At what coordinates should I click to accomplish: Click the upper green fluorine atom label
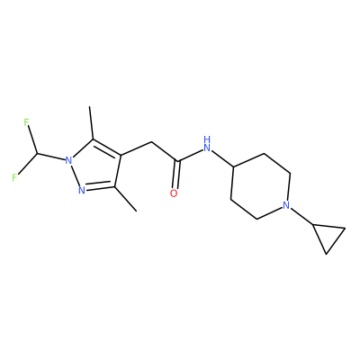pyautogui.click(x=26, y=122)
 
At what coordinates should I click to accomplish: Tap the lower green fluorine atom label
pyautogui.click(x=14, y=177)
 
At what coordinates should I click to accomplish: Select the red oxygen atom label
pyautogui.click(x=174, y=193)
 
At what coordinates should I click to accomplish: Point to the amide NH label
pyautogui.click(x=207, y=144)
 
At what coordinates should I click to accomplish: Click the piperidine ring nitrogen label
pyautogui.click(x=286, y=205)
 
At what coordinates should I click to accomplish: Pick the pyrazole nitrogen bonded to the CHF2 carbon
pyautogui.click(x=69, y=160)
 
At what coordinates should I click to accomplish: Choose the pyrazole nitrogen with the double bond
pyautogui.click(x=82, y=190)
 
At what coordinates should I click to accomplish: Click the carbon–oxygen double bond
pyautogui.click(x=176, y=175)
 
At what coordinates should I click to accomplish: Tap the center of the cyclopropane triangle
pyautogui.click(x=328, y=236)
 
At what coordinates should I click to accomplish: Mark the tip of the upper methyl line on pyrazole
pyautogui.click(x=90, y=106)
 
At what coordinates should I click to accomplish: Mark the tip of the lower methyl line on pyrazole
pyautogui.click(x=137, y=211)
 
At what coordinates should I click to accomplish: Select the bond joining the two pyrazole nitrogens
pyautogui.click(x=75, y=175)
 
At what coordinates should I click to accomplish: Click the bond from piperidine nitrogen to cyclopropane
pyautogui.click(x=301, y=216)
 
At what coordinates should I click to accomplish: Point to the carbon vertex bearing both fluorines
pyautogui.click(x=37, y=154)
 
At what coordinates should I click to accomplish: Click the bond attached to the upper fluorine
pyautogui.click(x=32, y=140)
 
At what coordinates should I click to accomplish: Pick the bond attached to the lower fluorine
pyautogui.click(x=28, y=164)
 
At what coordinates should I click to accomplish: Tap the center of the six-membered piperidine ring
pyautogui.click(x=260, y=186)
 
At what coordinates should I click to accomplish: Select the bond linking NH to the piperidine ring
pyautogui.click(x=222, y=157)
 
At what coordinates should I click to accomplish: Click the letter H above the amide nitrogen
pyautogui.click(x=207, y=139)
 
